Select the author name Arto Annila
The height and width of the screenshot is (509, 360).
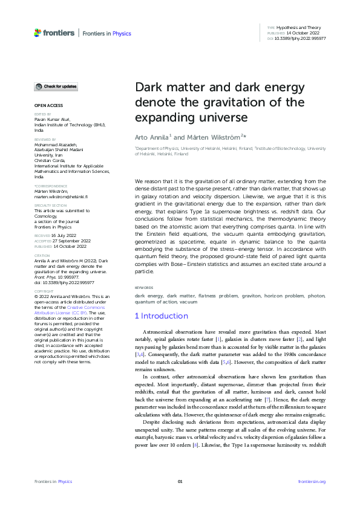point(151,138)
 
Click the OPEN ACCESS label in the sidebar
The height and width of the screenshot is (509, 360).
point(48,105)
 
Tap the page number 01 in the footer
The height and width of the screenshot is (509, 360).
point(180,481)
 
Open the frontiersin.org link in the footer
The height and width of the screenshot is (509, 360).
point(312,481)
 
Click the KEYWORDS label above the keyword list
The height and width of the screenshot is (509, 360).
point(143,288)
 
